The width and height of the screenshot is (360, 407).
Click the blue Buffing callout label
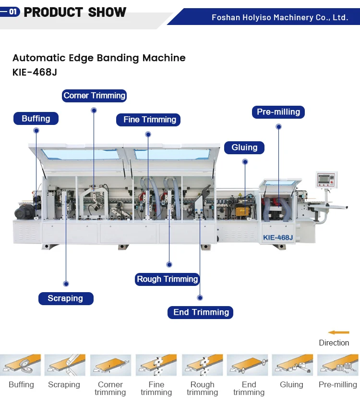click(36, 118)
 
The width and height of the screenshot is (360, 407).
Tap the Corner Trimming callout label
click(94, 96)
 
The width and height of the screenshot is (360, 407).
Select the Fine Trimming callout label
click(149, 120)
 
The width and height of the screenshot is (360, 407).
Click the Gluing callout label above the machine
click(244, 148)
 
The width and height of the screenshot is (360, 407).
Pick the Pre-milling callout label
click(278, 112)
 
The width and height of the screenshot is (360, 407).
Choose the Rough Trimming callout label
click(167, 279)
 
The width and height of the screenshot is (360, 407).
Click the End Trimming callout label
click(201, 312)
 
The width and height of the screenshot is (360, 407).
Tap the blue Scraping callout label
click(65, 298)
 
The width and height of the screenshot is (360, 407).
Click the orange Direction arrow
click(338, 332)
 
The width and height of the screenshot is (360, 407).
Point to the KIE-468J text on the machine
click(277, 237)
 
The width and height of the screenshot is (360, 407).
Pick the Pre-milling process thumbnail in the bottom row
click(338, 365)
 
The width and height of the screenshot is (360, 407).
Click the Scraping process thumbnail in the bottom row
click(65, 365)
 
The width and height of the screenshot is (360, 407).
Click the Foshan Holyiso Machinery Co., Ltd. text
click(280, 17)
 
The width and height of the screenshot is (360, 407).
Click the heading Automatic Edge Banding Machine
click(99, 58)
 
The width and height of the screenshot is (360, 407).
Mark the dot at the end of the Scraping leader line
click(66, 284)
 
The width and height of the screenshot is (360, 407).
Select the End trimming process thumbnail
click(248, 365)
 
